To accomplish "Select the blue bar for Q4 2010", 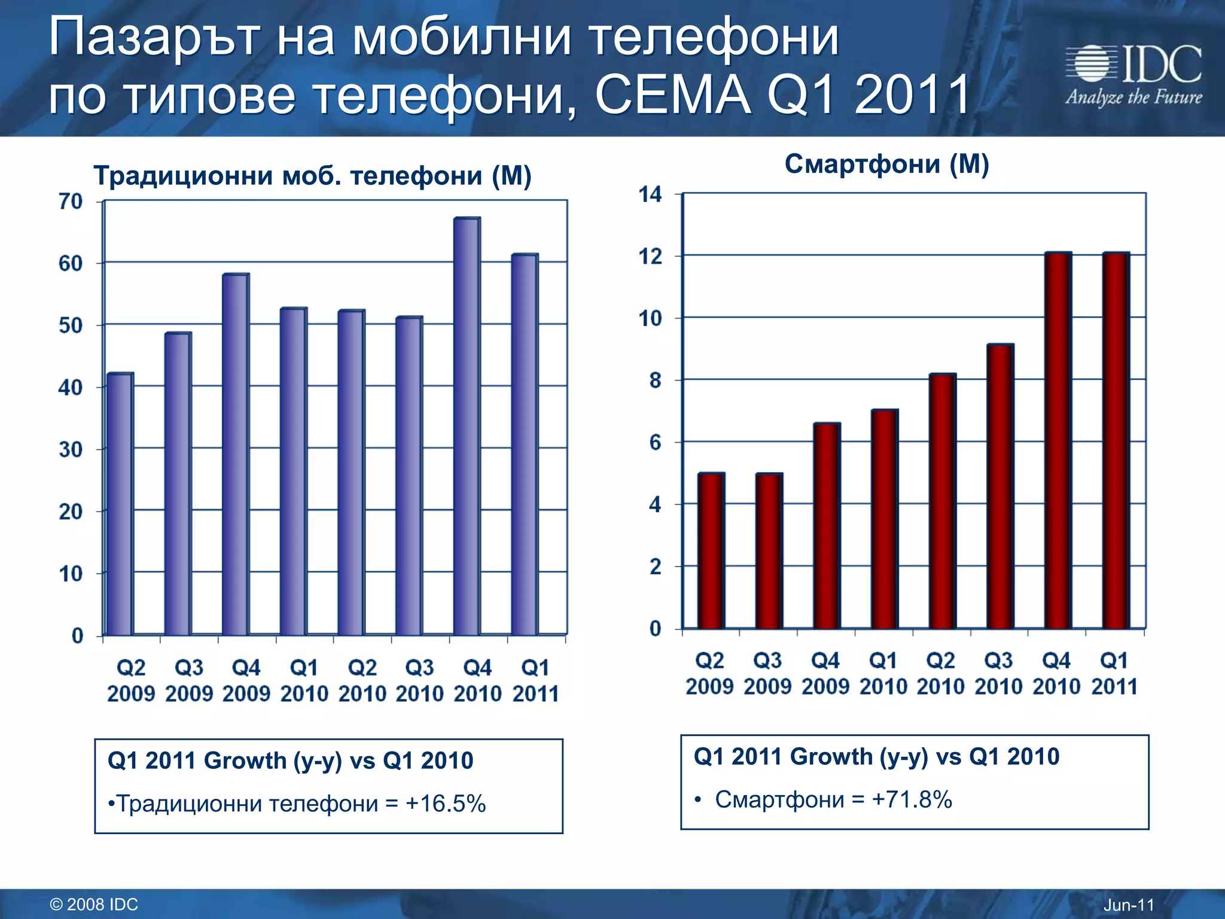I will (x=467, y=426).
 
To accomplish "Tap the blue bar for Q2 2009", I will (x=120, y=504).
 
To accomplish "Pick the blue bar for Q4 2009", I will (x=235, y=454).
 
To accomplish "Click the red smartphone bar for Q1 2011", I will (x=1116, y=440).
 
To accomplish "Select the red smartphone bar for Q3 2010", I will (x=1000, y=486).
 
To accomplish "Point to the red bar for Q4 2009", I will (x=827, y=526).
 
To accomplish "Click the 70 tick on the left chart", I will (x=71, y=202).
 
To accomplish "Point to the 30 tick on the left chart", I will (x=71, y=449).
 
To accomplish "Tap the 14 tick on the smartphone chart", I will (x=651, y=194).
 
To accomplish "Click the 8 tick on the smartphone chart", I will (x=656, y=381).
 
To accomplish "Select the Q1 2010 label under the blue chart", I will (x=304, y=681).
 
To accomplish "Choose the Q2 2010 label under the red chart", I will (x=941, y=674).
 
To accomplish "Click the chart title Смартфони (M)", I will (x=886, y=164).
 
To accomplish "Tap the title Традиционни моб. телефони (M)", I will (x=312, y=176).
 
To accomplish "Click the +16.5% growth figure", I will (x=446, y=804).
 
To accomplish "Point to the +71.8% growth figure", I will (x=912, y=799).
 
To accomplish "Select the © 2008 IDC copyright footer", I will (x=94, y=904).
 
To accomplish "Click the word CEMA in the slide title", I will (x=673, y=95).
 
